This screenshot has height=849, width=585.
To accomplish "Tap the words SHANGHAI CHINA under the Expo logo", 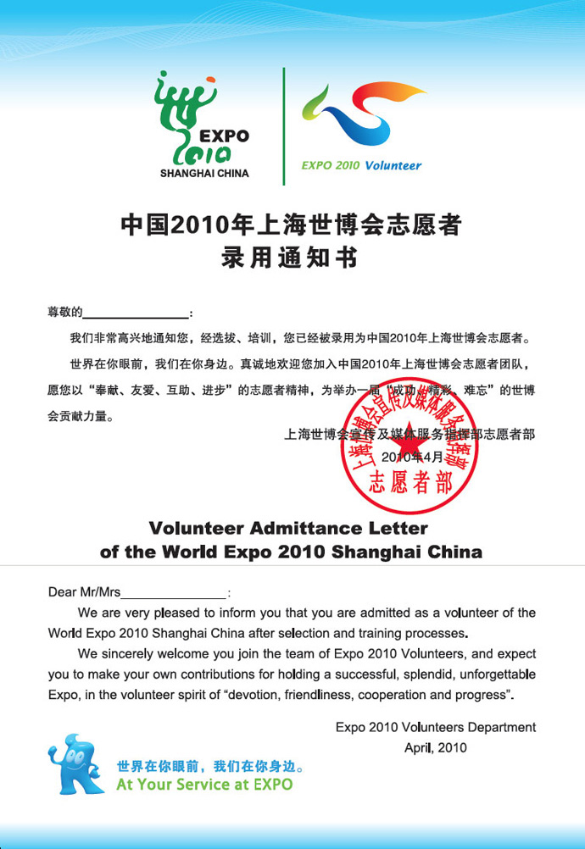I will tap(204, 173).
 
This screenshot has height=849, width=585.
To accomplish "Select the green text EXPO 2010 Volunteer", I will tap(361, 166).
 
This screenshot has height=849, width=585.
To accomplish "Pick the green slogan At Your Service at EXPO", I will tap(204, 785).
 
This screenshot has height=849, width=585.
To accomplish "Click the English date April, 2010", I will tap(435, 748).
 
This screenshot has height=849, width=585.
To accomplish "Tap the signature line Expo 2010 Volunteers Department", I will tap(435, 727).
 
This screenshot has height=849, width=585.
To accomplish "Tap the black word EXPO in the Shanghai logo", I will tap(224, 135).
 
